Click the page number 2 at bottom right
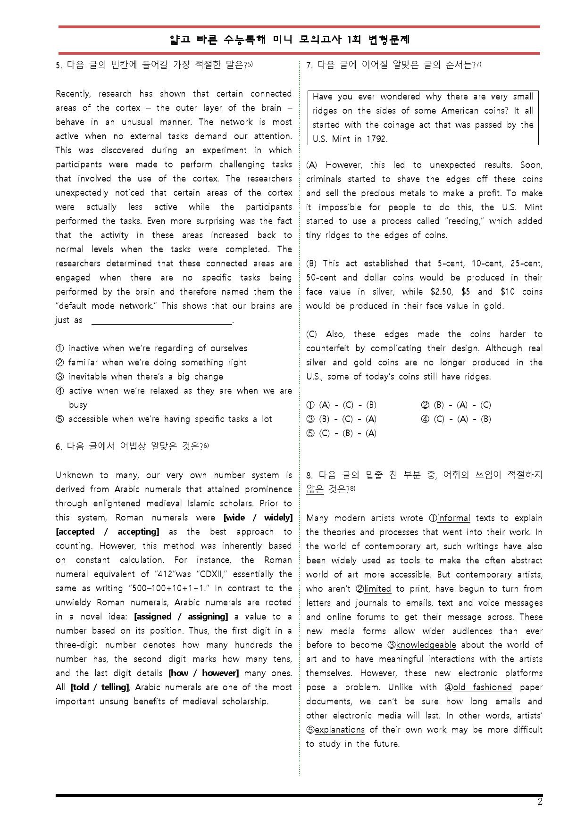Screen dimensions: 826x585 click(x=540, y=802)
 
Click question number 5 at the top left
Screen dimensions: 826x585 click(x=58, y=65)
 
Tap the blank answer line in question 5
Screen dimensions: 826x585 click(x=161, y=321)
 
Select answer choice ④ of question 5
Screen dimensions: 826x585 click(x=60, y=391)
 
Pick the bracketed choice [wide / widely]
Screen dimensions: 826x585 click(x=258, y=518)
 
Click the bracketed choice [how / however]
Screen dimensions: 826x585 click(x=203, y=673)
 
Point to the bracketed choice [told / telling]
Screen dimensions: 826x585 click(x=100, y=687)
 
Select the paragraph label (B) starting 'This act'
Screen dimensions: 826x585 click(x=311, y=264)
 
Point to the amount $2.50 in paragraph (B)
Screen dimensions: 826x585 click(x=441, y=292)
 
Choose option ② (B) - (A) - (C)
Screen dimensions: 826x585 click(x=456, y=405)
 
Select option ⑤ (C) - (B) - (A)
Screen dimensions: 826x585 click(x=342, y=433)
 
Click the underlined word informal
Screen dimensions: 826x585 click(x=453, y=518)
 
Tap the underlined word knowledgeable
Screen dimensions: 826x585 click(x=426, y=645)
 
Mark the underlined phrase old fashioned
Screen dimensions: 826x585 click(x=482, y=687)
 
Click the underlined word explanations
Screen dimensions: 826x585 click(x=339, y=730)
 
